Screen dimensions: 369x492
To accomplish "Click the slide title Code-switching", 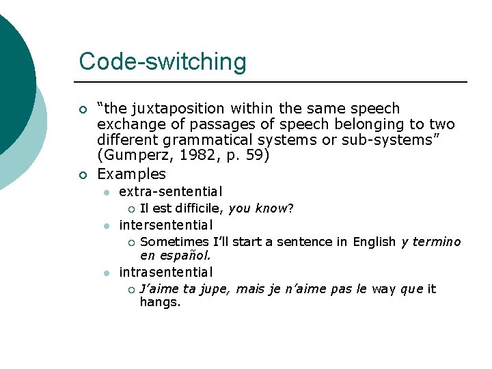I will (x=163, y=61).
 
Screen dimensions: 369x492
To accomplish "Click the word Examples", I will (x=132, y=174).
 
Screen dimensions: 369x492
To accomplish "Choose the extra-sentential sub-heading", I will (x=171, y=193).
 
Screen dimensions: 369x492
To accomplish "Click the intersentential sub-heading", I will (x=166, y=224).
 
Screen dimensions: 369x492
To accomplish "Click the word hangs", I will (x=160, y=302).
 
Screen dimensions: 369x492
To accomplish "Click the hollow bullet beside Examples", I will (x=83, y=174).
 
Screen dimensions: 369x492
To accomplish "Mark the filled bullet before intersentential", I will (x=106, y=225).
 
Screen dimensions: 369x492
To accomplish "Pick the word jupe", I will (x=215, y=289).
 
